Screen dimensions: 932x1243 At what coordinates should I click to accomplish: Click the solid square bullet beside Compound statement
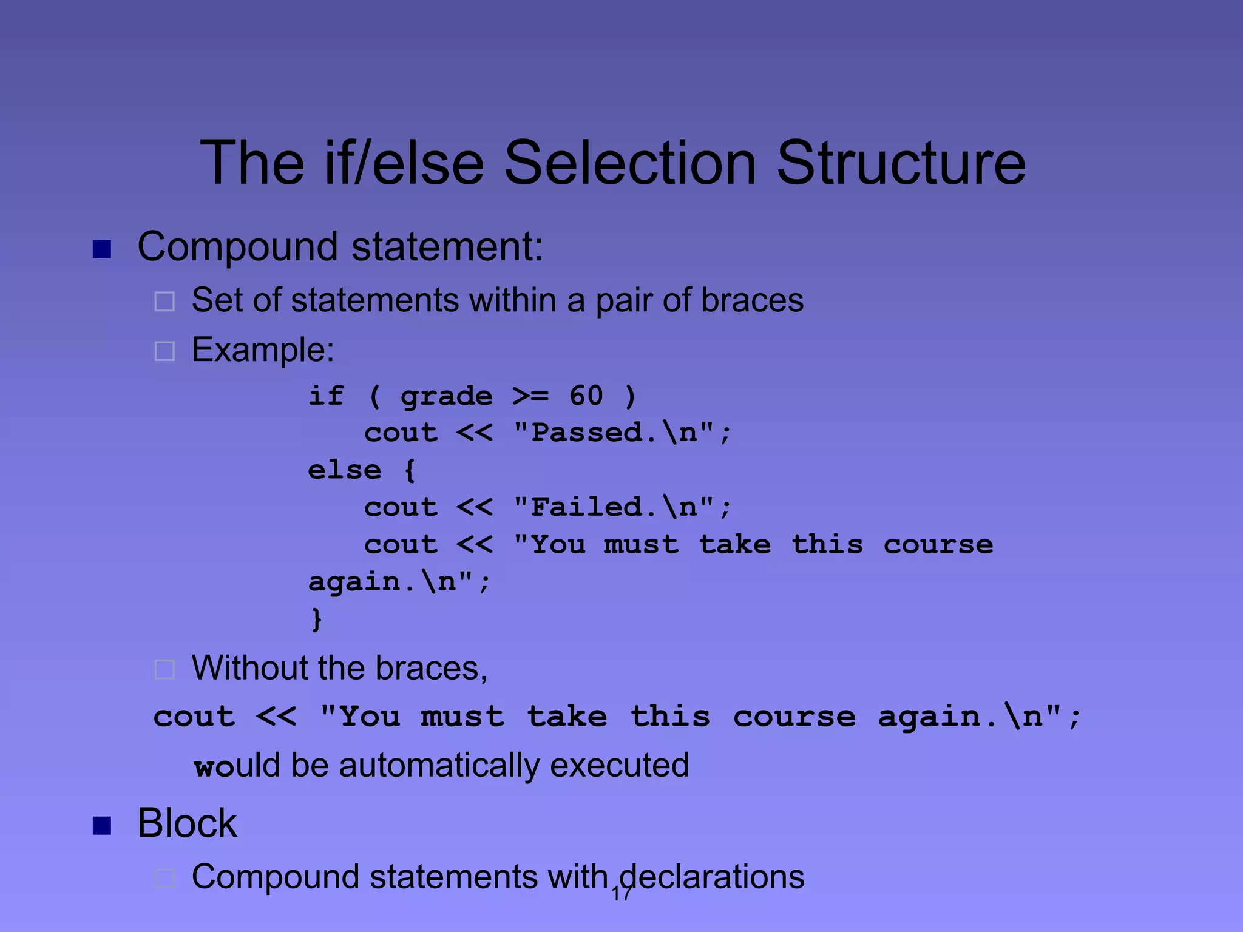(102, 249)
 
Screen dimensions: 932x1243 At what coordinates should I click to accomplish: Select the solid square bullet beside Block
(102, 826)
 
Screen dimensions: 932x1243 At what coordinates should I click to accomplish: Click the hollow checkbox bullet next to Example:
(164, 351)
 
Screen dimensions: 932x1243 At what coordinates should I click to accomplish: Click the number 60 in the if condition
(586, 396)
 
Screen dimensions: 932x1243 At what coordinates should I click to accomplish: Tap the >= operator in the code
(530, 396)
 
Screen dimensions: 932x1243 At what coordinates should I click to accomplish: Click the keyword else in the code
(344, 470)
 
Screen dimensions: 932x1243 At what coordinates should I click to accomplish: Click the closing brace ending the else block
(316, 619)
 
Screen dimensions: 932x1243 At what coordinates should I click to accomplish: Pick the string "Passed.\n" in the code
(614, 433)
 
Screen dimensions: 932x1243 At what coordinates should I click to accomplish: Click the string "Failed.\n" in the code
(614, 507)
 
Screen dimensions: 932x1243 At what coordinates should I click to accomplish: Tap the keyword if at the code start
(327, 396)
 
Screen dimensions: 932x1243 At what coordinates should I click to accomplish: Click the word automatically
(439, 766)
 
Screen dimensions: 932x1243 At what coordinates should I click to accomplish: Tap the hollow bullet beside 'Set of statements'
(164, 302)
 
